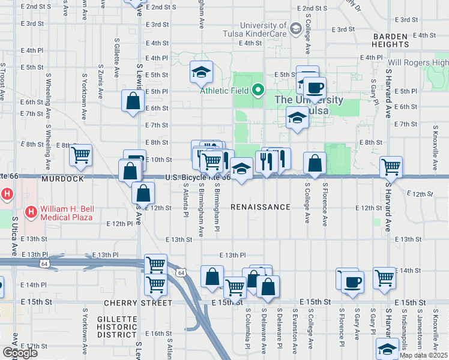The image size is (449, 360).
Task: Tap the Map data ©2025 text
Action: pyautogui.click(x=424, y=355)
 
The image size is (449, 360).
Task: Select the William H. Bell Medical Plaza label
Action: pyautogui.click(x=66, y=212)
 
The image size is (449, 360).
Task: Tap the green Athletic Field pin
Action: pyautogui.click(x=258, y=91)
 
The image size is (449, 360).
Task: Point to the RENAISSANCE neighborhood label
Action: pyautogui.click(x=261, y=207)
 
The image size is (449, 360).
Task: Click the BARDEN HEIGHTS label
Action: pyautogui.click(x=391, y=40)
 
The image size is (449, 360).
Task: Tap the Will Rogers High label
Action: pyautogui.click(x=418, y=62)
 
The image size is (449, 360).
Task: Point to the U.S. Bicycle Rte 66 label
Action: pyautogui.click(x=198, y=178)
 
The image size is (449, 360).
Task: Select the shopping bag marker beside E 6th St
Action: pyautogui.click(x=133, y=101)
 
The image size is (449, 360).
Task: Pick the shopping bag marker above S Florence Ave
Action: pyautogui.click(x=315, y=163)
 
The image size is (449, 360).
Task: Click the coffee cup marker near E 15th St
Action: pyautogui.click(x=352, y=281)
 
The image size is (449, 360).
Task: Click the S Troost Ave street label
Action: pyautogui.click(x=3, y=81)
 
